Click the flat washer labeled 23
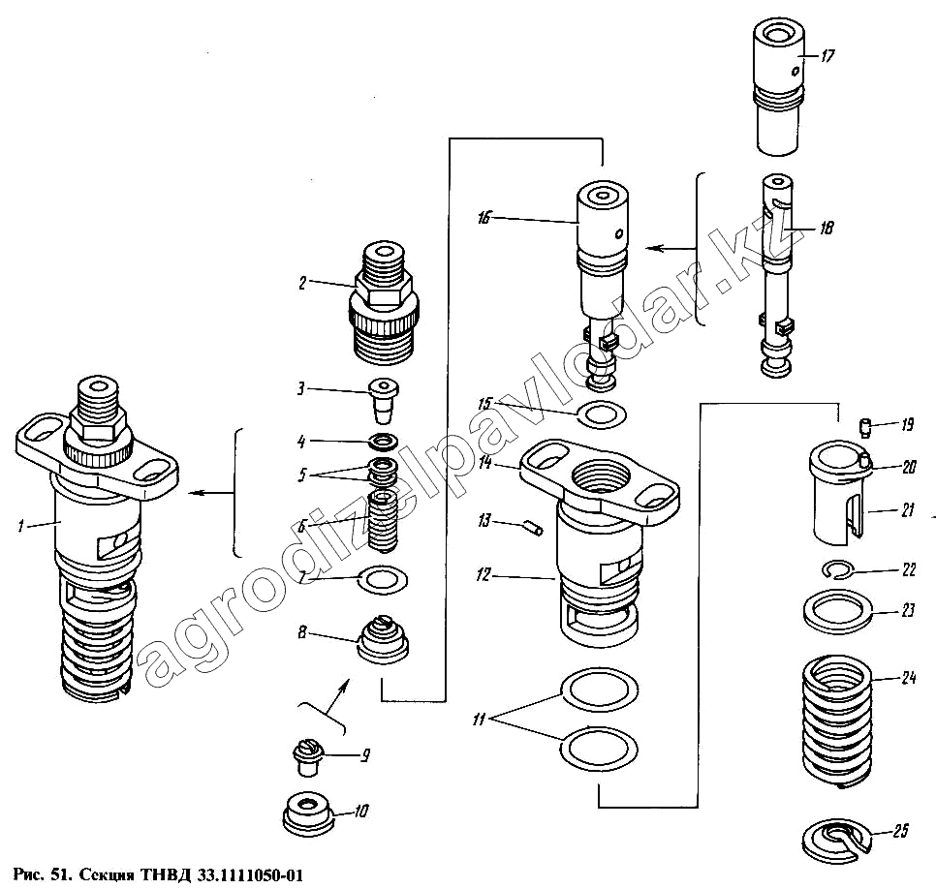838,612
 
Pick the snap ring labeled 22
839,569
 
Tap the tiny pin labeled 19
867,423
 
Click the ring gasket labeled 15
600,416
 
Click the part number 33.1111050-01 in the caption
250,876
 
